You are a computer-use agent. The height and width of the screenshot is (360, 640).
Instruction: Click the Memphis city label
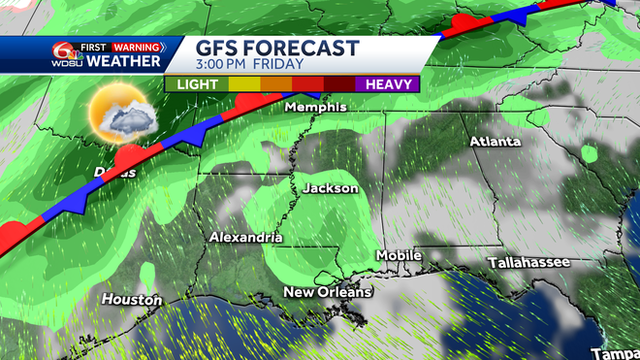(x=315, y=108)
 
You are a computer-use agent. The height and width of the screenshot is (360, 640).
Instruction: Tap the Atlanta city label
(x=495, y=142)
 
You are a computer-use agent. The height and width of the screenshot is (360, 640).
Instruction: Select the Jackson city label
(x=331, y=188)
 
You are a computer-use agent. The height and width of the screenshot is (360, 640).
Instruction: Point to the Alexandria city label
(x=246, y=238)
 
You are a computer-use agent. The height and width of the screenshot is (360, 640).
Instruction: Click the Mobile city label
(x=400, y=255)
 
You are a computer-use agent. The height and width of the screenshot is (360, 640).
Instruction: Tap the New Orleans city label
(x=328, y=292)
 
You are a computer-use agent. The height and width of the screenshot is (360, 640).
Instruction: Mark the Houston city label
(x=133, y=300)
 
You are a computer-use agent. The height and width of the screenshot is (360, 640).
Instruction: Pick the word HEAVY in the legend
(x=390, y=83)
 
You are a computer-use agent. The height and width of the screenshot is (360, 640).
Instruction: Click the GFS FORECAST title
(x=277, y=48)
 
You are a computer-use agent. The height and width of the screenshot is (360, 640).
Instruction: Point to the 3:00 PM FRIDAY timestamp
(x=250, y=65)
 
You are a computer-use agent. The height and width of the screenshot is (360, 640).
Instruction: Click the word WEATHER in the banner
(x=123, y=62)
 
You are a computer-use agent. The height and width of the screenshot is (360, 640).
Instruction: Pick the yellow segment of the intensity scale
(x=242, y=83)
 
